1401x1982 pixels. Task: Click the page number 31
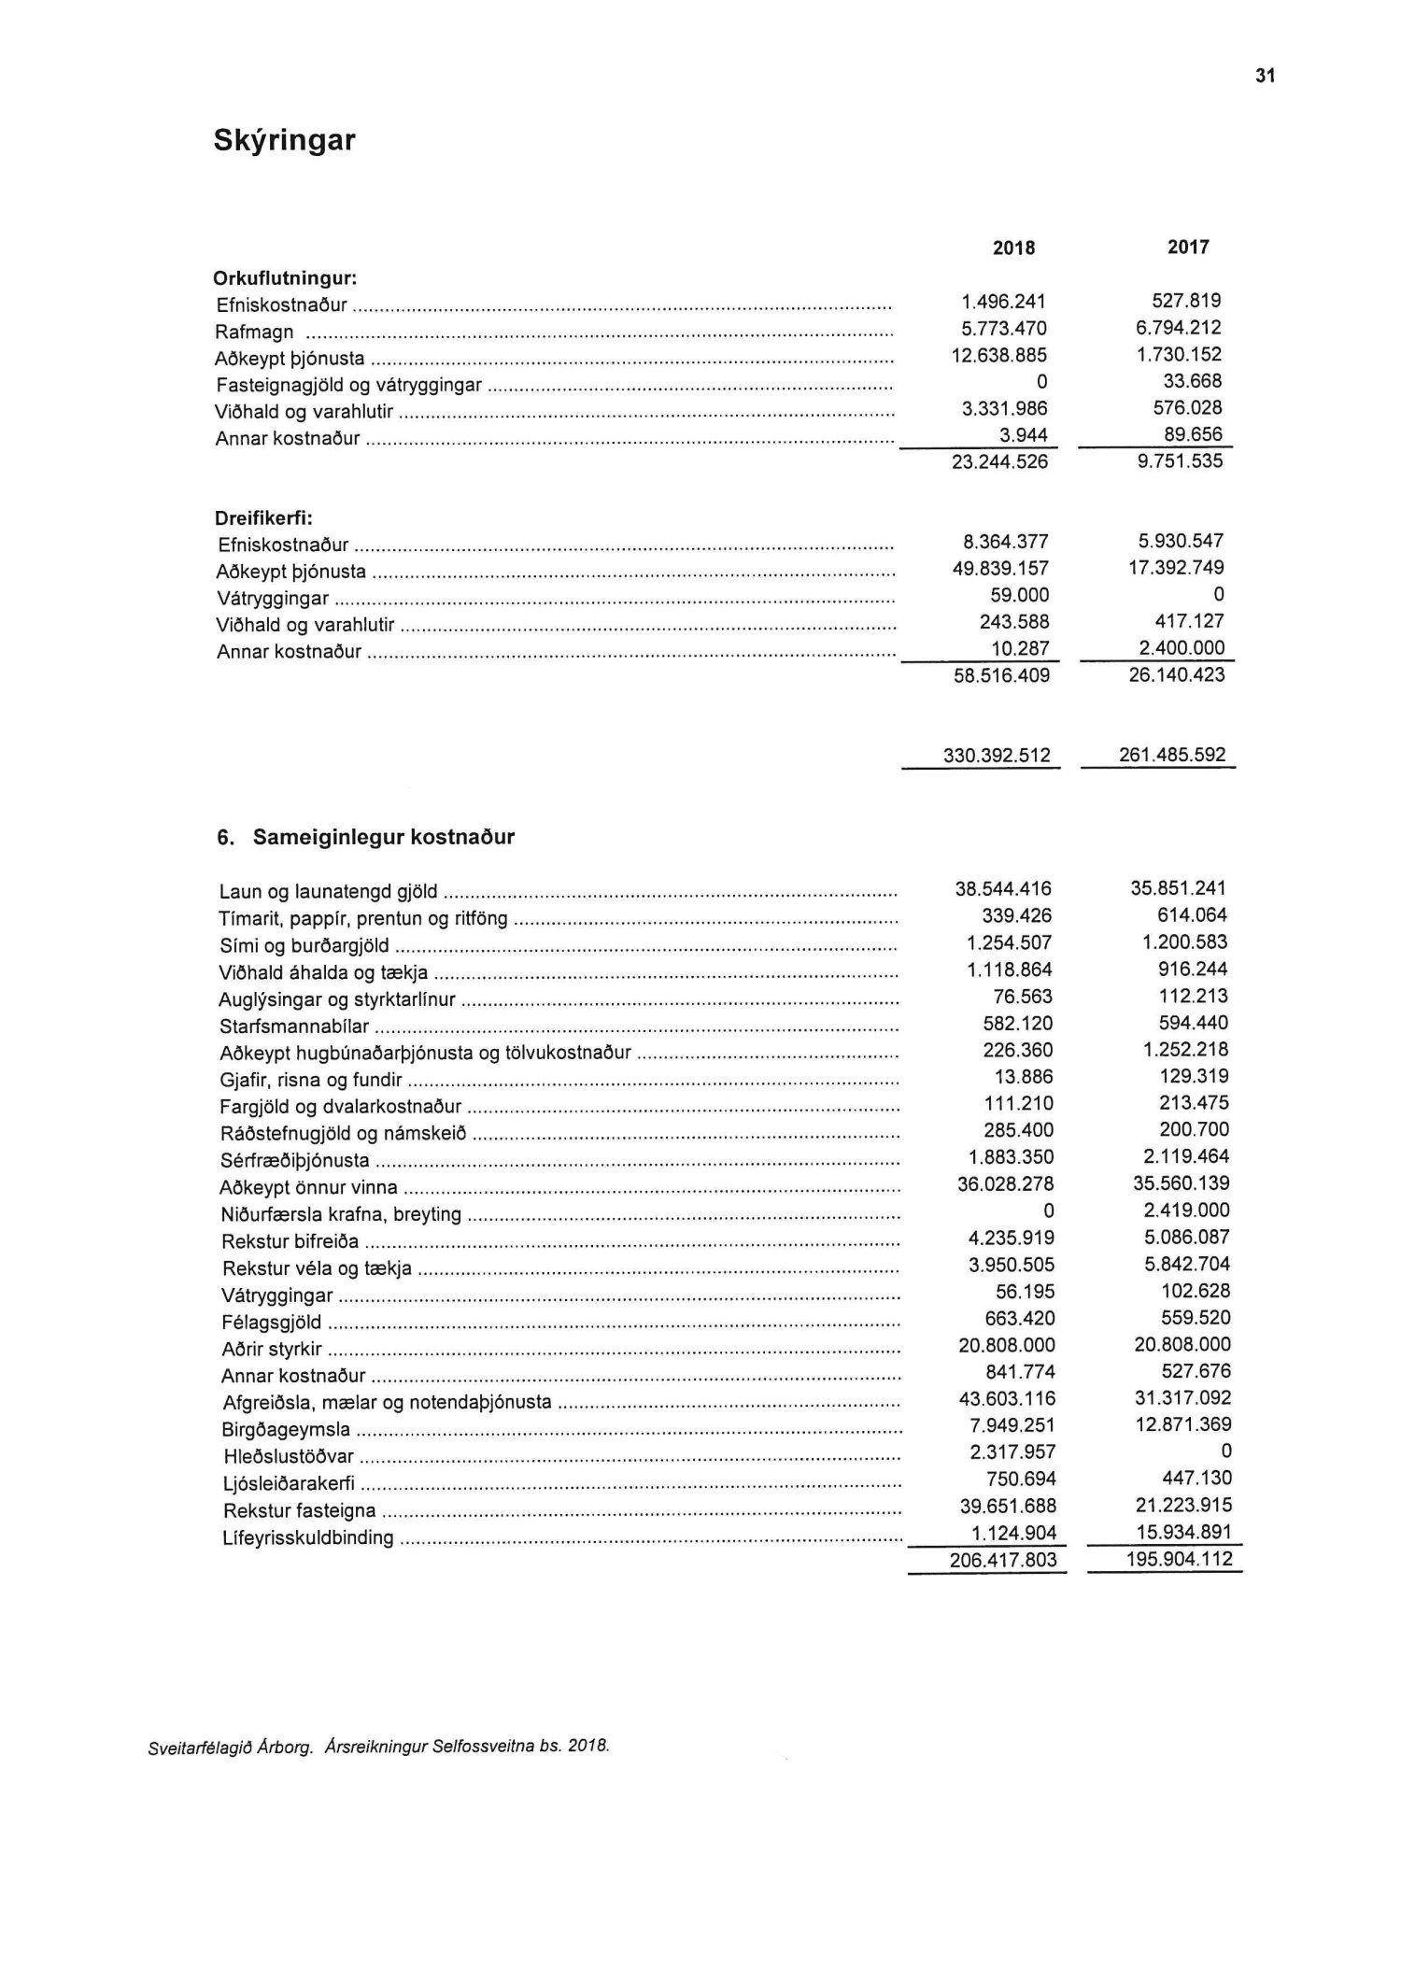tap(1265, 77)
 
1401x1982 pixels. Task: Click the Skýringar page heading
tap(284, 140)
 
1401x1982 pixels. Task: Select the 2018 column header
tap(1013, 248)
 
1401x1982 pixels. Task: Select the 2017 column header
tap(1187, 247)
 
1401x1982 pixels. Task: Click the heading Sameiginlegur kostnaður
tap(383, 837)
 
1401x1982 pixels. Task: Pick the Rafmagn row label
tap(255, 332)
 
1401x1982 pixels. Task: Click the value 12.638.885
tap(998, 355)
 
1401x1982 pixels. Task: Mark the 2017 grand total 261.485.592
tap(1171, 754)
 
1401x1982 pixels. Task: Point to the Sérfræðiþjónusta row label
tap(295, 1161)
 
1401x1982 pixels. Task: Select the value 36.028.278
tap(1004, 1183)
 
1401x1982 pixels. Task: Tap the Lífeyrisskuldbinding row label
tap(308, 1537)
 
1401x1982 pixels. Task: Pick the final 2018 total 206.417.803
tap(1004, 1560)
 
